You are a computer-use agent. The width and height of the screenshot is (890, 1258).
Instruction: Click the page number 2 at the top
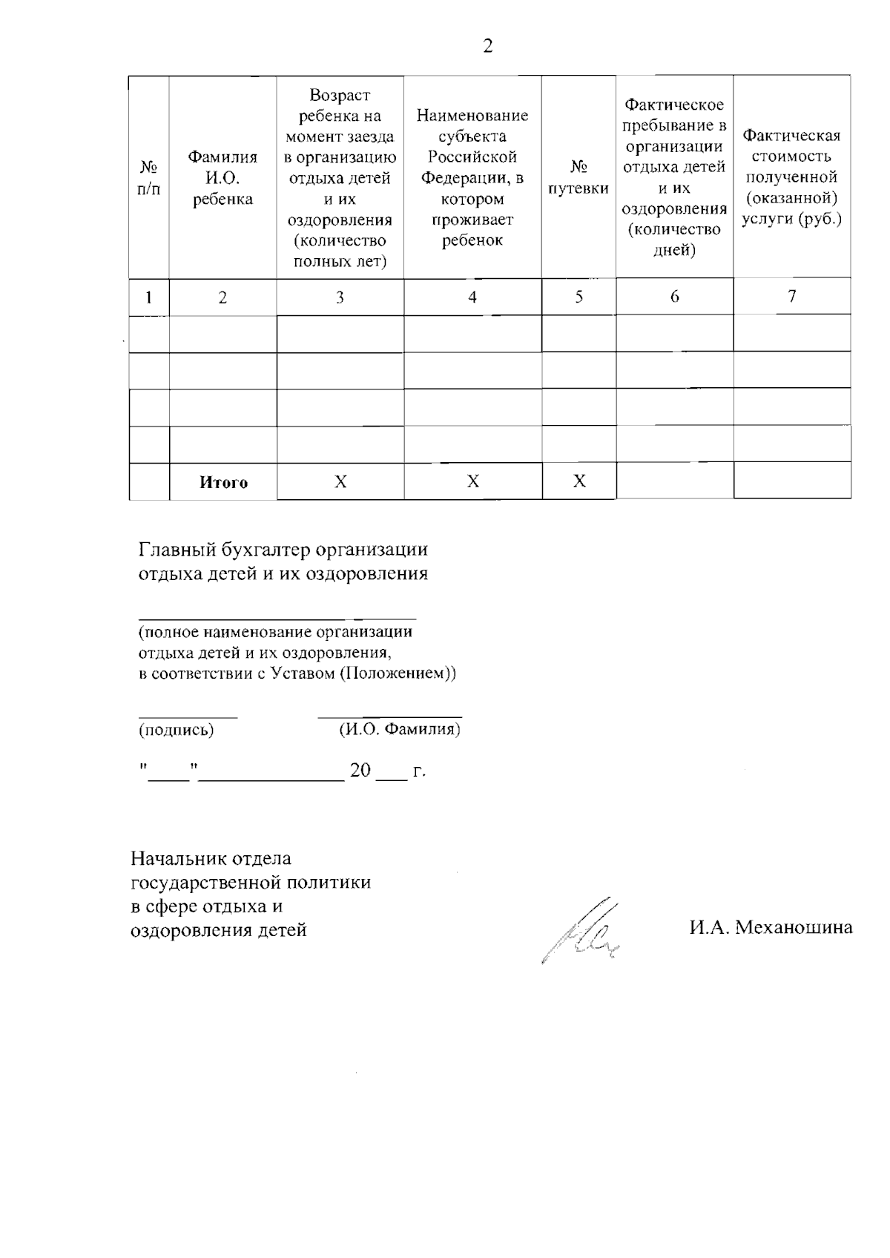coord(487,47)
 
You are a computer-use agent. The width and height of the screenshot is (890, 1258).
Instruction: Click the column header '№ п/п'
coord(149,179)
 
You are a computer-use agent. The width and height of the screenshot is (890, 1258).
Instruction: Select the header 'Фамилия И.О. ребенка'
coord(222,178)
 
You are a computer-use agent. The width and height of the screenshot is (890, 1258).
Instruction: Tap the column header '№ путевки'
coord(578,179)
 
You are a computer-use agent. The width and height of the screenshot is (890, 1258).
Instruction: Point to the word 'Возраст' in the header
coord(340,95)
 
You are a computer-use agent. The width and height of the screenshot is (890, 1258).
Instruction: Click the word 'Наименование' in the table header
coord(472,116)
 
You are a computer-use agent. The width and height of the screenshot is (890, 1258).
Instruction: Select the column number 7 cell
coord(791,297)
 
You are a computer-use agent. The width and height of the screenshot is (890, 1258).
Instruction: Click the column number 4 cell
coord(472,297)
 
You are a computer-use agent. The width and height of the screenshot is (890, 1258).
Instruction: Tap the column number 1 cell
coord(149,297)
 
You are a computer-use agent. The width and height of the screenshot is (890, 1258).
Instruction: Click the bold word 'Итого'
coord(223,482)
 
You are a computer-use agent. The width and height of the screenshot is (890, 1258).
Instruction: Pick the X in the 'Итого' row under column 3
coord(340,482)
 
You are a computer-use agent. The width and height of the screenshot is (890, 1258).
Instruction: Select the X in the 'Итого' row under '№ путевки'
coord(579,482)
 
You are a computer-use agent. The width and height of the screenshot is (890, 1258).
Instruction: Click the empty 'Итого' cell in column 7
coord(791,481)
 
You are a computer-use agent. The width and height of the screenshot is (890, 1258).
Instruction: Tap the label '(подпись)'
coord(177,730)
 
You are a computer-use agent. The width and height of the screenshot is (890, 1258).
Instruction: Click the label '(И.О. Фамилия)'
coord(400,729)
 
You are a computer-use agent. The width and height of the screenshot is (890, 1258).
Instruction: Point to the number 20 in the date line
coord(360,770)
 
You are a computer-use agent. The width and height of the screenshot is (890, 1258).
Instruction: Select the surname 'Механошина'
coord(794,926)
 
